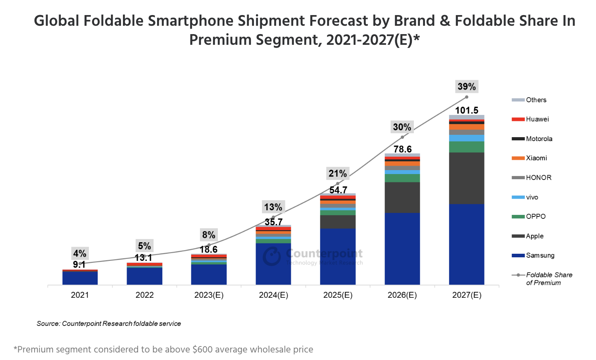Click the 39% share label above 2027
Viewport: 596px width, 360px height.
pos(467,86)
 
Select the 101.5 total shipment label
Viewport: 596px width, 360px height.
pos(467,110)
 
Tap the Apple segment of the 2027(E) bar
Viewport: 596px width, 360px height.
pos(467,178)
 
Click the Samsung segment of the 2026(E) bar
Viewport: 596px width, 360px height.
pos(402,249)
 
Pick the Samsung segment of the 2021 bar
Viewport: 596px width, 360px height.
pos(80,278)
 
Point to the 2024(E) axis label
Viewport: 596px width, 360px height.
pos(273,295)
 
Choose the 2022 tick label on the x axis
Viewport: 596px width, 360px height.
pos(144,295)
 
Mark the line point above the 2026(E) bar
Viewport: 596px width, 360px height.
pos(402,137)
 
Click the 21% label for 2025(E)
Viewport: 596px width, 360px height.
pos(338,173)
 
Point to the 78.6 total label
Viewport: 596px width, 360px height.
pos(402,149)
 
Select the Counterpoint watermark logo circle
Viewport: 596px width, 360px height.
pos(272,257)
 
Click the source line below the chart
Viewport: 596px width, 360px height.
pos(109,324)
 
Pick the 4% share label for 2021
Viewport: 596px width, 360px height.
pos(80,253)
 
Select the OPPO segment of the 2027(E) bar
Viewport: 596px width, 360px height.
pos(467,147)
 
